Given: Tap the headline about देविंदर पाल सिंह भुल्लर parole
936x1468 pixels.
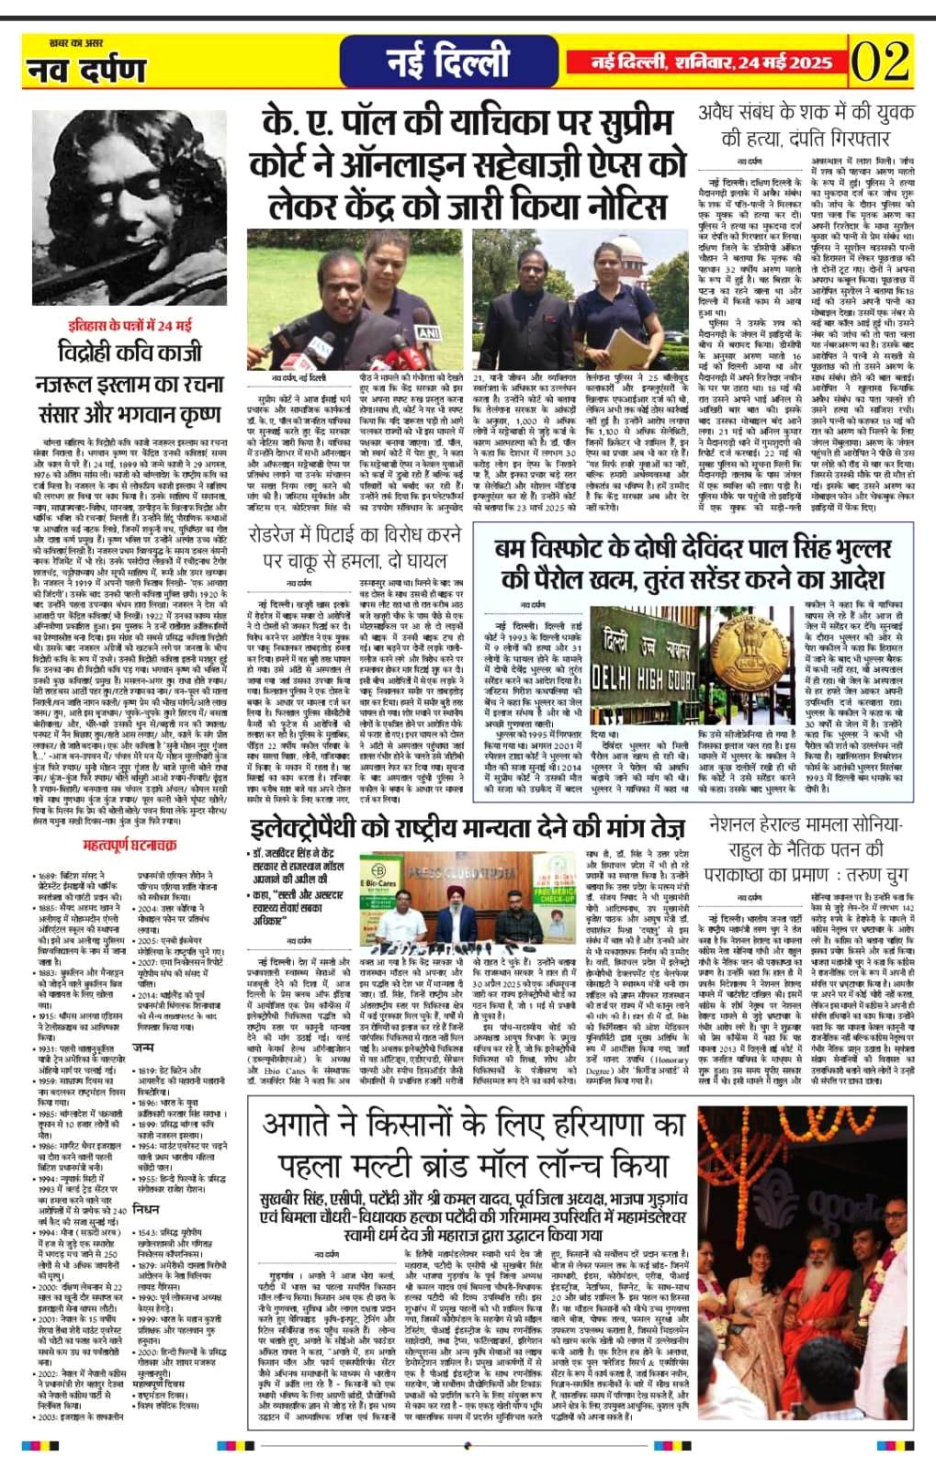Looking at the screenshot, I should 693,563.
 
